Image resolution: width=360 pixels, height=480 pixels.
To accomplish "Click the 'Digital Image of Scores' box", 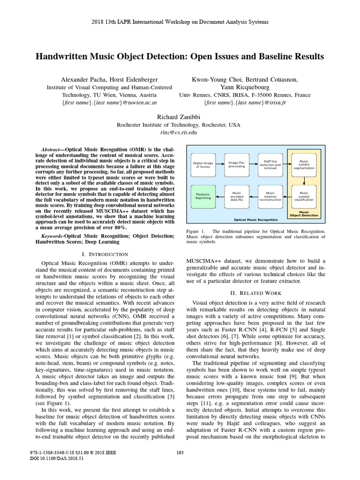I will [x=203, y=165].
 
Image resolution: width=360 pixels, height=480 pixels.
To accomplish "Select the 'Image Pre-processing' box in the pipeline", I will [x=236, y=165].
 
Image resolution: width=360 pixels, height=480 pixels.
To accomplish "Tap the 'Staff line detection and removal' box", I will [x=270, y=165].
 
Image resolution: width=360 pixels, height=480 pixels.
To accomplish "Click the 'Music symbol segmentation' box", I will [x=304, y=165].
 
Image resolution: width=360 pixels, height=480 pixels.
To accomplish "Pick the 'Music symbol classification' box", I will [x=304, y=196].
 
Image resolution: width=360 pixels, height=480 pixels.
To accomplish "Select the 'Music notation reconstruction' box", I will [x=270, y=196].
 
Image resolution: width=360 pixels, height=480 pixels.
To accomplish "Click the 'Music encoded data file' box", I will [x=236, y=196].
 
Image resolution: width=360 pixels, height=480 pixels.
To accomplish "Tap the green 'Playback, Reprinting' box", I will [x=203, y=196].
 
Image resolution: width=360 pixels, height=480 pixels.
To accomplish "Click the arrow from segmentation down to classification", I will [x=304, y=180].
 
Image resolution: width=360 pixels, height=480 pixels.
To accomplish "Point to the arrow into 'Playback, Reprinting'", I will [x=220, y=196].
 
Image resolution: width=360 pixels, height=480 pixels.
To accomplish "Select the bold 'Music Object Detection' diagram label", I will [x=304, y=214].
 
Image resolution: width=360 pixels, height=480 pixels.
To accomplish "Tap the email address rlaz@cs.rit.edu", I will [x=180, y=133].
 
